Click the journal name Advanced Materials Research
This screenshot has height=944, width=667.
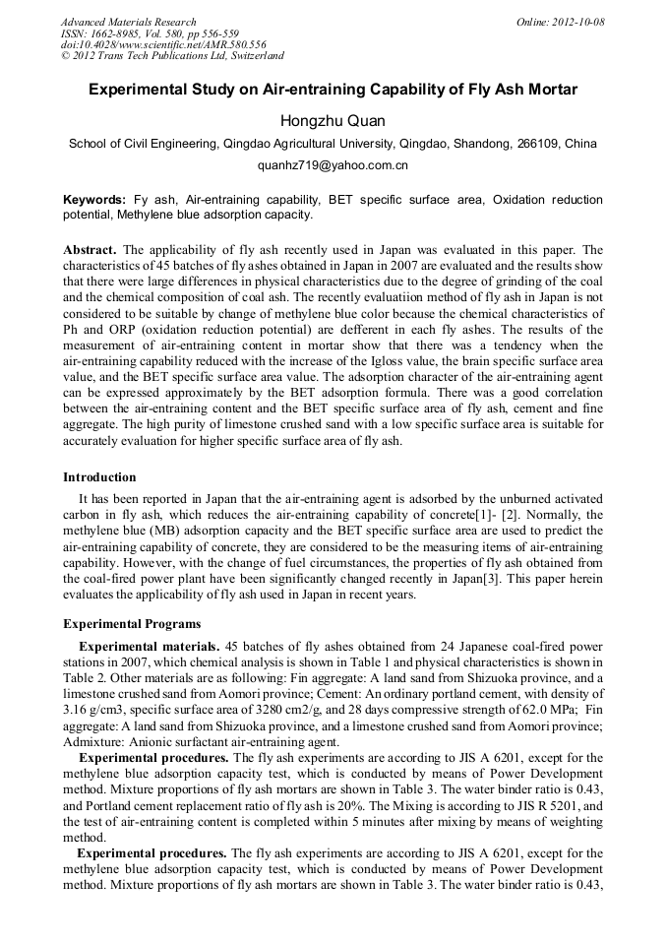(128, 22)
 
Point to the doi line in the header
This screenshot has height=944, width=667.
(163, 45)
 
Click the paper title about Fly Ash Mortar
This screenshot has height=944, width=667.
(333, 90)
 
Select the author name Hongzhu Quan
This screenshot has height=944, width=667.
(333, 120)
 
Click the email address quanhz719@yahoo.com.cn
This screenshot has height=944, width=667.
(333, 165)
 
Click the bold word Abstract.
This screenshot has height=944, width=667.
(90, 250)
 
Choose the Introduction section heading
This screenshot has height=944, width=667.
(99, 477)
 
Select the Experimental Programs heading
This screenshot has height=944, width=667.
(132, 624)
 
